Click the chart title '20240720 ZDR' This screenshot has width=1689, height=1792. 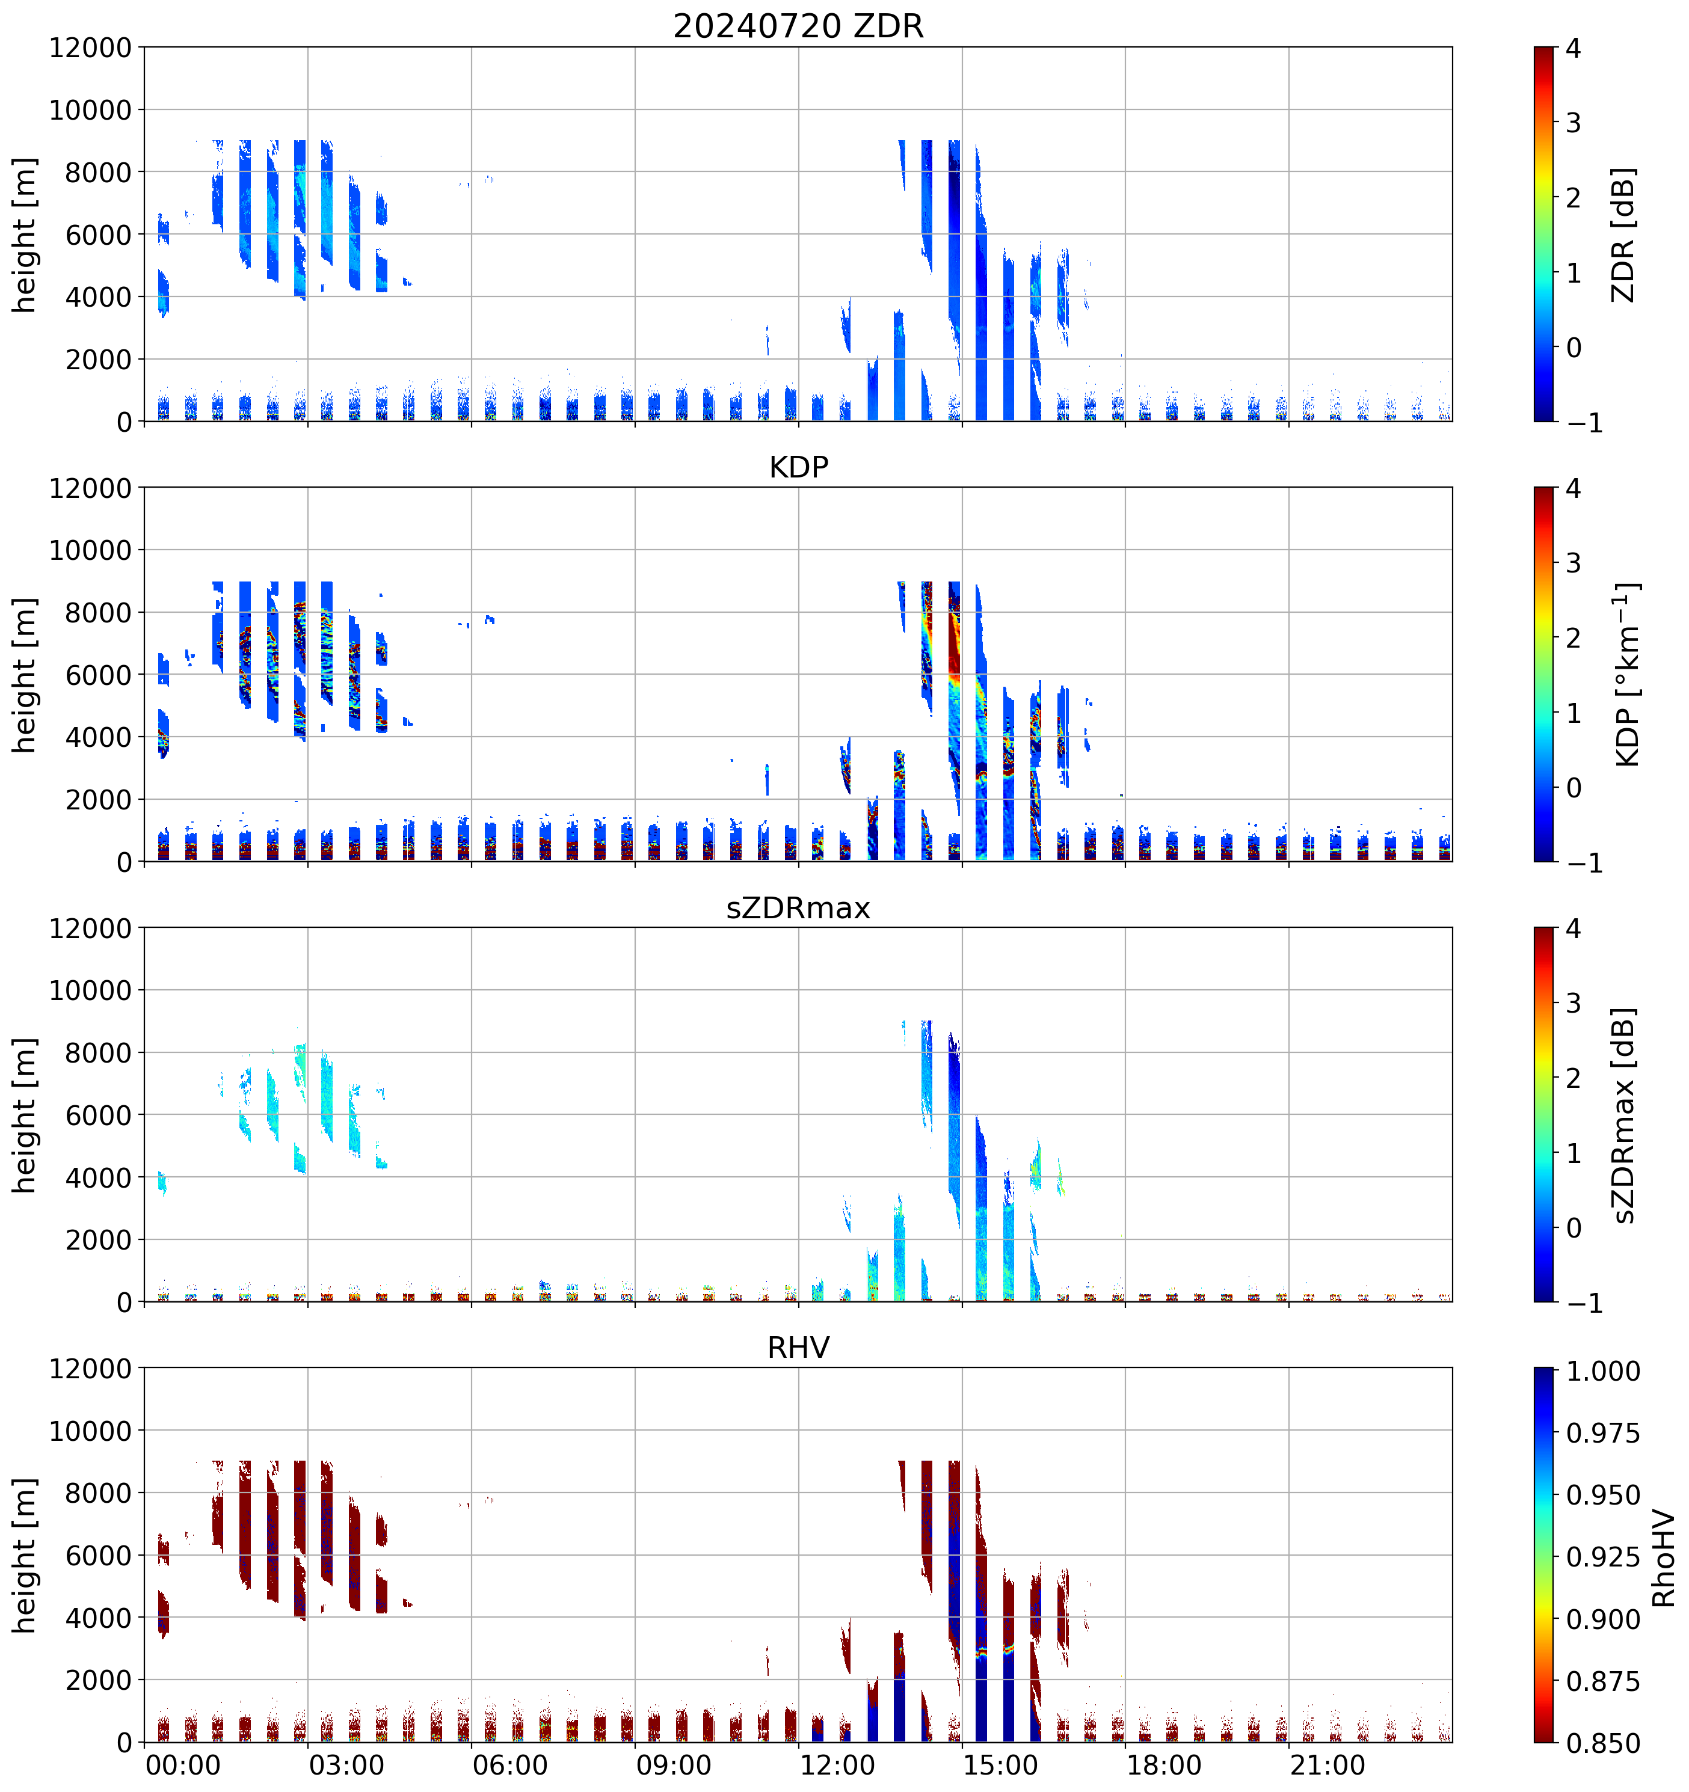pyautogui.click(x=798, y=26)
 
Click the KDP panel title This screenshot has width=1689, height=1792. pyautogui.click(x=798, y=467)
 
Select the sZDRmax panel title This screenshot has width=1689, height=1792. pyautogui.click(x=798, y=907)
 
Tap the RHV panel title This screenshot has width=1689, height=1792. pyautogui.click(x=798, y=1348)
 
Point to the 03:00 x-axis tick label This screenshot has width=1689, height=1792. pyautogui.click(x=346, y=1765)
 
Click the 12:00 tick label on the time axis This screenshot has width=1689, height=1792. pyautogui.click(x=837, y=1765)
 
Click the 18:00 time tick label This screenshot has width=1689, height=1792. pyautogui.click(x=1164, y=1765)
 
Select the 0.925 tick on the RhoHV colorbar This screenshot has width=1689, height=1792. pyautogui.click(x=1602, y=1557)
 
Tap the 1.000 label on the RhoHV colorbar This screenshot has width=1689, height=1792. pyautogui.click(x=1602, y=1371)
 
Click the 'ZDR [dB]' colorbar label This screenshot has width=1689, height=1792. pyautogui.click(x=1623, y=235)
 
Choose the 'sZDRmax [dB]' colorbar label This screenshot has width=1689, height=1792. pyautogui.click(x=1623, y=1115)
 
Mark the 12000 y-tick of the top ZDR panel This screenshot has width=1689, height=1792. pyautogui.click(x=90, y=48)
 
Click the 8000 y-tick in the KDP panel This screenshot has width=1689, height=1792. pyautogui.click(x=98, y=613)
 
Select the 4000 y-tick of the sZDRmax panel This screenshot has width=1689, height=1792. pyautogui.click(x=98, y=1178)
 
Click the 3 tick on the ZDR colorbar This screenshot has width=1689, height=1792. pyautogui.click(x=1574, y=123)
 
